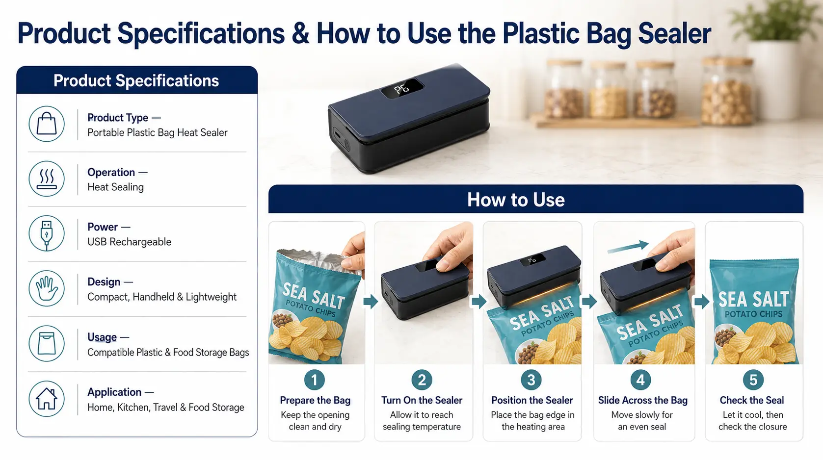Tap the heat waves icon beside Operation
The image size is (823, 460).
tap(47, 179)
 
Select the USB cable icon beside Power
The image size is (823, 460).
tap(47, 233)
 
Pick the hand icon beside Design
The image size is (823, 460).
tap(47, 288)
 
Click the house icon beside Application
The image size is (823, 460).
tap(47, 399)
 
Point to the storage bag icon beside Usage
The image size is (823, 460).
tap(47, 344)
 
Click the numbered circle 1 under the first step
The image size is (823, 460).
tap(315, 380)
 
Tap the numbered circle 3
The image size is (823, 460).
tap(531, 380)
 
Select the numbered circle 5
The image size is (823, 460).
tap(753, 380)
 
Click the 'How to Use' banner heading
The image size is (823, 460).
tap(516, 200)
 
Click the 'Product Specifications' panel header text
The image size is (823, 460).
tap(136, 81)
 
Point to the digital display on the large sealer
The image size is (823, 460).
tap(402, 88)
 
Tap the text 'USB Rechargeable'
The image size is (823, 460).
tap(130, 242)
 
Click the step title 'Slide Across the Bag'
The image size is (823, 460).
tap(642, 400)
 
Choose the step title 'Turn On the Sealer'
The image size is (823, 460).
tap(422, 400)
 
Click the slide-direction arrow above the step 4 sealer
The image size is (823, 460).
tap(628, 247)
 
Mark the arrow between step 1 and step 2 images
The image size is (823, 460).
tap(371, 302)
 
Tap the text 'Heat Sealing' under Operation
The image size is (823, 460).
tap(115, 187)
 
